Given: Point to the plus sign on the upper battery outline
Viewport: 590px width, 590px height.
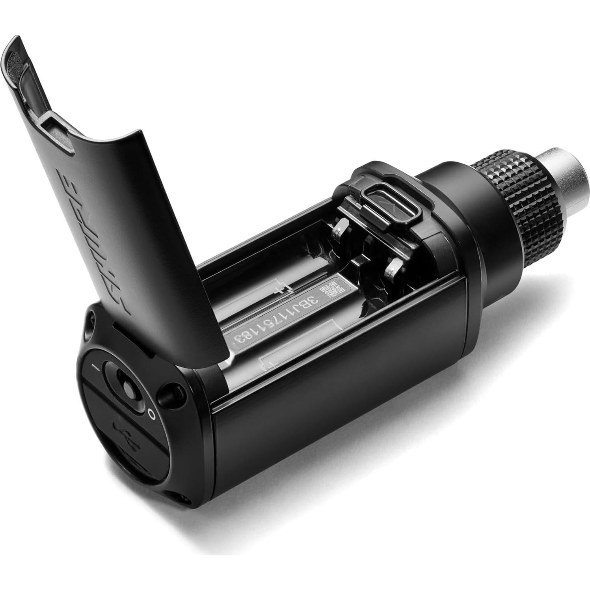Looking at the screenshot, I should pyautogui.click(x=281, y=290).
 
